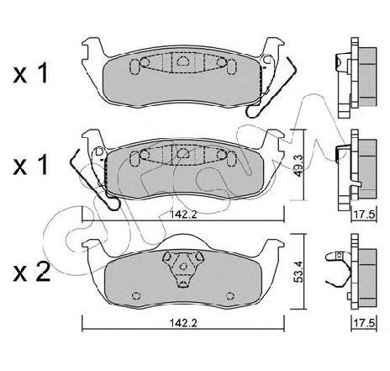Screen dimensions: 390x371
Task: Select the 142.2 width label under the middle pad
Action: click(183, 215)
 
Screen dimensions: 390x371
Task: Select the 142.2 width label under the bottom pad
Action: click(183, 323)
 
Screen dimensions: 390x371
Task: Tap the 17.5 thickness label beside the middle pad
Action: click(365, 215)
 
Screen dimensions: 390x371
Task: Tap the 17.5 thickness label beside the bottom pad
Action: click(365, 323)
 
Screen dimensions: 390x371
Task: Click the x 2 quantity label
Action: click(32, 272)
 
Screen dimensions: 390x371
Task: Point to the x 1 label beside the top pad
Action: click(30, 72)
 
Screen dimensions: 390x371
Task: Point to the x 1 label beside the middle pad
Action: click(30, 166)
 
